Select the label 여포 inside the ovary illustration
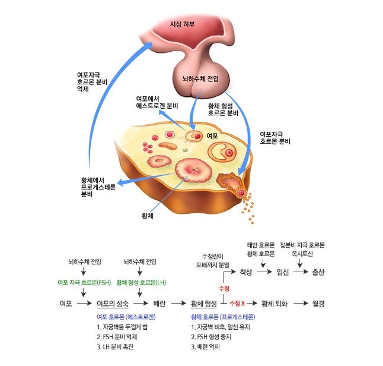coord(212,135)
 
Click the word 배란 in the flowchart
coord(159,304)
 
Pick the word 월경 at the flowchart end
coord(319,304)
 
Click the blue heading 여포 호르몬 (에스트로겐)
coord(122,317)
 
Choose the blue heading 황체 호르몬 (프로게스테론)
coord(223,317)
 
